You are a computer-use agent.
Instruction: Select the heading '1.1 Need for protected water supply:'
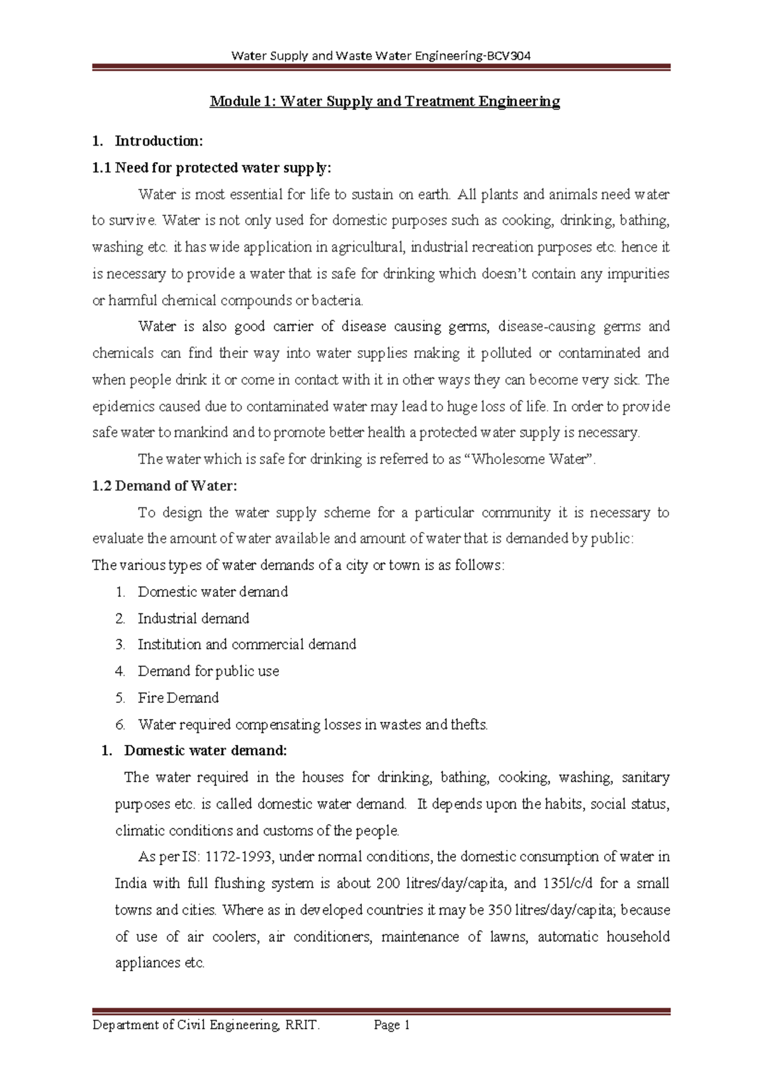(x=212, y=168)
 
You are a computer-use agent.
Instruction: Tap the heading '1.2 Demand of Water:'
(x=165, y=486)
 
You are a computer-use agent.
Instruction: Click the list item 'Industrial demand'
(x=193, y=618)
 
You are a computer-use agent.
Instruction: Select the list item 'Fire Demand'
(x=178, y=698)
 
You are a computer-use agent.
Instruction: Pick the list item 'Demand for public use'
(x=209, y=671)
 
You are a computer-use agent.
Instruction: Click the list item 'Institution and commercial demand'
(x=247, y=645)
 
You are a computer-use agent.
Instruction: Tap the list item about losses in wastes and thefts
(x=313, y=725)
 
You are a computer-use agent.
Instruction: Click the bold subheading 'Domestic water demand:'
(x=205, y=751)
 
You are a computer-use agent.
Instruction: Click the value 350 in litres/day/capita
(x=499, y=910)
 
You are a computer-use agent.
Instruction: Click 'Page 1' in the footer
(x=392, y=1025)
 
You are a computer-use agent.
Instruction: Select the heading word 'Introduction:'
(x=158, y=141)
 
